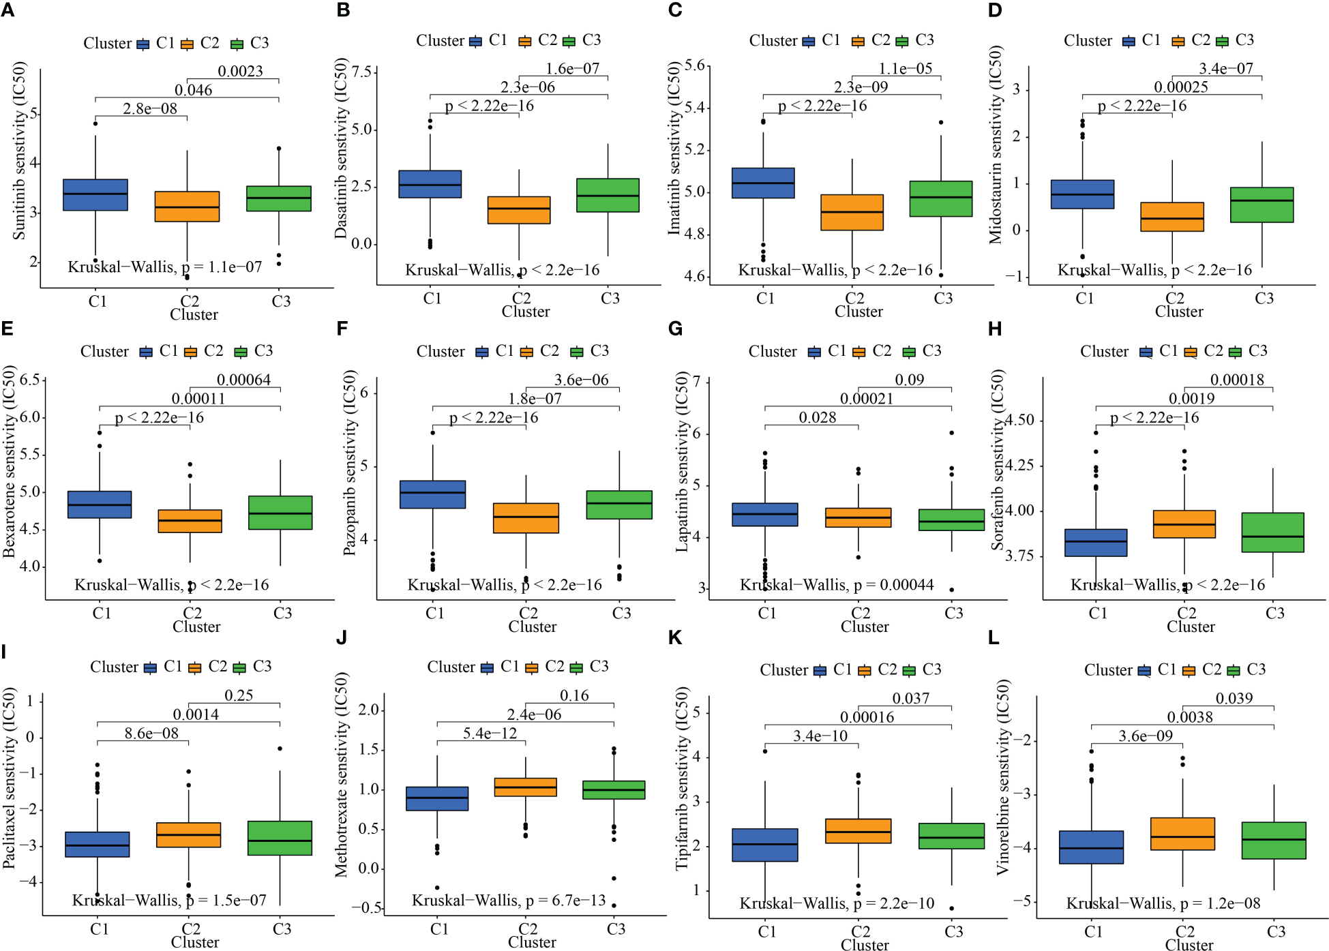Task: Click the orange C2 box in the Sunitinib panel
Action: [187, 207]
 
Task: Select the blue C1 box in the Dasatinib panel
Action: [430, 184]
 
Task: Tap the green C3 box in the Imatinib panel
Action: [941, 198]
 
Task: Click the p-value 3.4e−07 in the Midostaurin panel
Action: [1226, 68]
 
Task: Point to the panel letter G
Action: [675, 329]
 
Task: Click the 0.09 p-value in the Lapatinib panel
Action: [909, 380]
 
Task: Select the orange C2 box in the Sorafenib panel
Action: [1184, 524]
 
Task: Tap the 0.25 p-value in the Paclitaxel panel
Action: [239, 695]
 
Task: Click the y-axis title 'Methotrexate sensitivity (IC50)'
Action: [342, 774]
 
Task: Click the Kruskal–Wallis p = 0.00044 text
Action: [837, 585]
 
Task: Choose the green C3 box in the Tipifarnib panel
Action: [952, 836]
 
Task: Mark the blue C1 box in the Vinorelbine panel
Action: [1091, 847]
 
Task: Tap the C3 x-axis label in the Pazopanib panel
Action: [621, 614]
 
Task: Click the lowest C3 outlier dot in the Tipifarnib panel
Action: [952, 908]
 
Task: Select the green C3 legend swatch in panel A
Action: [237, 44]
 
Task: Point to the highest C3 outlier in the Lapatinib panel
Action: [952, 433]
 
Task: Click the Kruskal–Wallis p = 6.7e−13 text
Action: [509, 901]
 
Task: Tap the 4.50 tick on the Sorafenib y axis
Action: [1020, 420]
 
